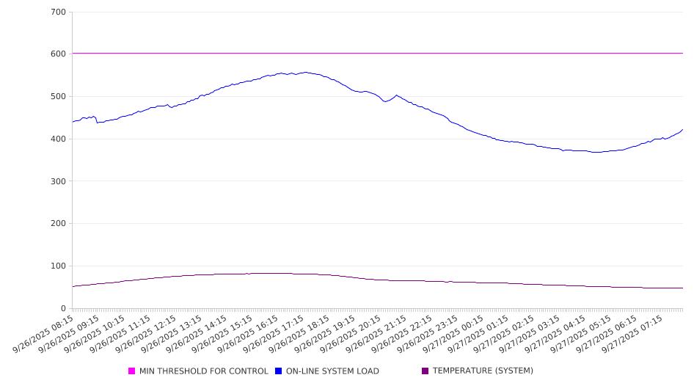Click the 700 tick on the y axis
coord(59,12)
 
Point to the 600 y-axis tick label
coord(59,54)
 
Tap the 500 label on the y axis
coord(59,97)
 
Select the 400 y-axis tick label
coord(59,139)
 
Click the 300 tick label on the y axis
coord(59,181)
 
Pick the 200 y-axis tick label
coord(59,224)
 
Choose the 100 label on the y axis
coord(59,266)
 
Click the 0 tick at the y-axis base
coord(63,308)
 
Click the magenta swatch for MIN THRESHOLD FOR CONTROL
coord(132,371)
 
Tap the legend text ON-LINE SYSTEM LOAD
coord(332,371)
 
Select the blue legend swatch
coord(279,371)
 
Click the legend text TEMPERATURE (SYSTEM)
coord(483,371)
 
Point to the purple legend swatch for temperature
coord(425,371)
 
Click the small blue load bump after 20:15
coord(397,95)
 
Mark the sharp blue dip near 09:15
coord(98,122)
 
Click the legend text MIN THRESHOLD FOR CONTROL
coord(203,371)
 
